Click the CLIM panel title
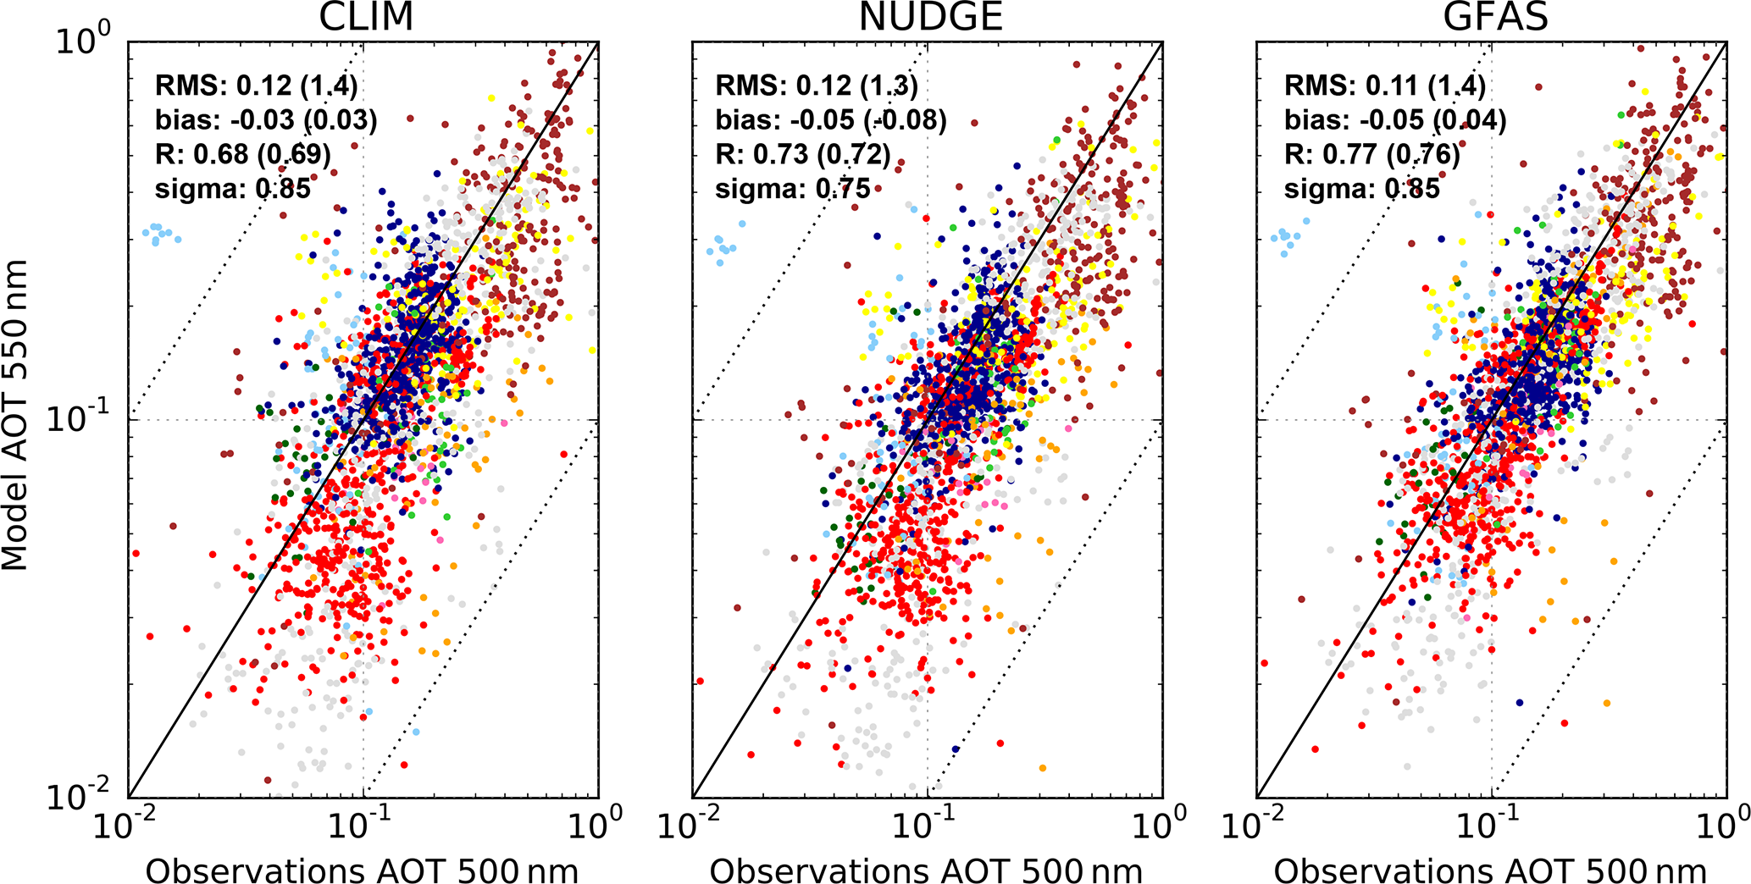click(366, 17)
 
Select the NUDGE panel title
click(930, 17)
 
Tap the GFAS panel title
click(1495, 17)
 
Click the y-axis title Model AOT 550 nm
click(15, 415)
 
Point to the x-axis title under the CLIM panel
click(363, 870)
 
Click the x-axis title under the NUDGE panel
click(926, 870)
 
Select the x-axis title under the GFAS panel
click(1490, 870)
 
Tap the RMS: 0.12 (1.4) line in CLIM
click(257, 86)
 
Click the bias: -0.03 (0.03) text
click(266, 120)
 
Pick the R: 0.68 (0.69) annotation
click(243, 154)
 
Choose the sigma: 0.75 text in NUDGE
click(793, 189)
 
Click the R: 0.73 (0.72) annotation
click(803, 154)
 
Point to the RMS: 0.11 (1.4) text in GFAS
click(1384, 86)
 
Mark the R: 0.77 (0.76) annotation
click(1372, 154)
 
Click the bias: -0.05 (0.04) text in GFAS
click(1395, 120)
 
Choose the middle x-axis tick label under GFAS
click(1489, 824)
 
